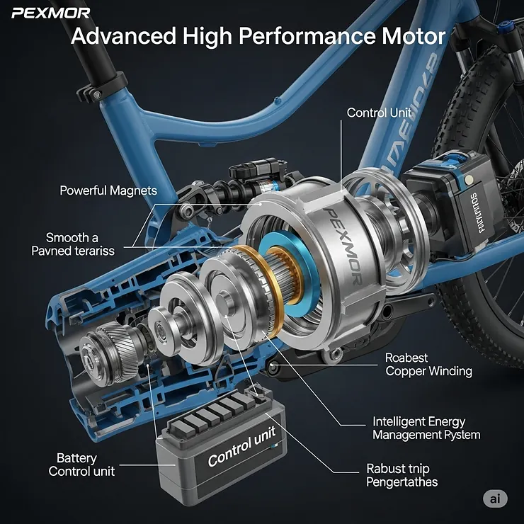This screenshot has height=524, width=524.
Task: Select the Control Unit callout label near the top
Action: click(x=379, y=113)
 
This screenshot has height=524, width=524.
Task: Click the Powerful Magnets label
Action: click(x=108, y=190)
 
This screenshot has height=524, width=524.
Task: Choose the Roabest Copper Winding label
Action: click(x=428, y=365)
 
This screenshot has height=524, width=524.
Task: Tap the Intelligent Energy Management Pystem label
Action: click(x=426, y=428)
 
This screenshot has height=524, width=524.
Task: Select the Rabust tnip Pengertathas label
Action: click(x=401, y=476)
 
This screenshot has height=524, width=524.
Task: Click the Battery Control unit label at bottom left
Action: click(x=81, y=465)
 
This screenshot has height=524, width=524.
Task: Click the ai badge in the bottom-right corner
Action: click(x=495, y=499)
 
